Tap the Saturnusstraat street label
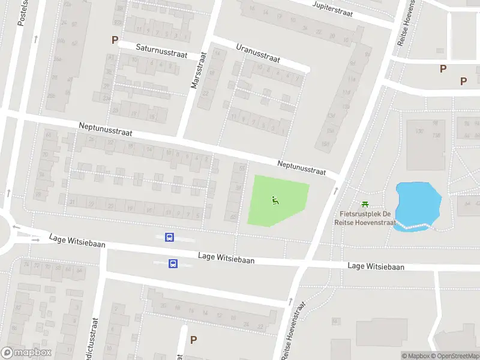[161, 50]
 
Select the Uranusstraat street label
[258, 53]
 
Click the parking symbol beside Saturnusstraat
[115, 40]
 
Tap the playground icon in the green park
[275, 200]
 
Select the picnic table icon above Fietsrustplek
[364, 205]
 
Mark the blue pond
[418, 205]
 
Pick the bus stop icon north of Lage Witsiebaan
[170, 238]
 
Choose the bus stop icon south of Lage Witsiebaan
[173, 263]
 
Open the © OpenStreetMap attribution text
[454, 356]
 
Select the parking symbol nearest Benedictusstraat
[193, 340]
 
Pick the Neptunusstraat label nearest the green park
[301, 168]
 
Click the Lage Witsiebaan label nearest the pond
[376, 266]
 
